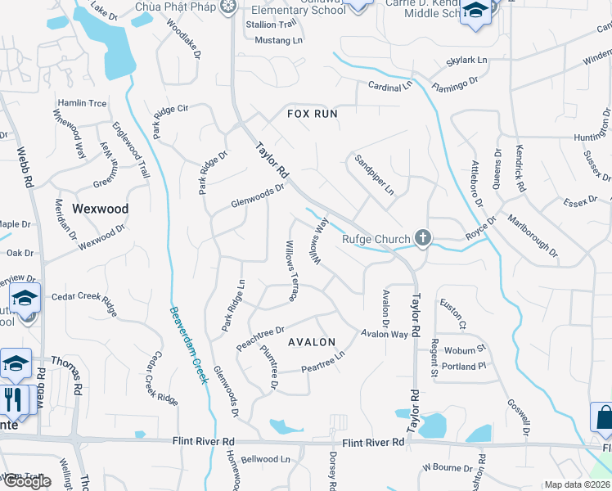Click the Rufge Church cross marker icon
[x=422, y=238]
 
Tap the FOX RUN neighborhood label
[x=312, y=114]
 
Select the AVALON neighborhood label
[x=311, y=342]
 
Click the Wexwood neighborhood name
[x=101, y=209]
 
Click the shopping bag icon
[x=603, y=417]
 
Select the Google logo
[x=27, y=481]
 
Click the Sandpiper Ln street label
[x=374, y=173]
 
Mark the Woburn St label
[x=466, y=351]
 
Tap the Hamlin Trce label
[x=82, y=103]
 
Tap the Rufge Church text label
[x=376, y=239]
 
